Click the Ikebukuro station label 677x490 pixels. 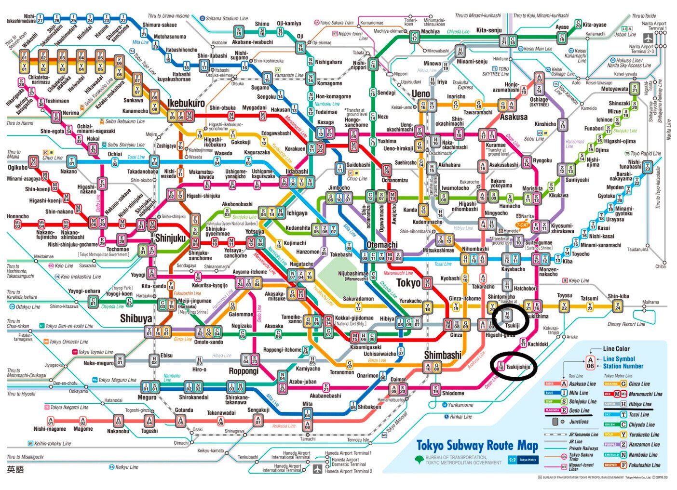[186, 103]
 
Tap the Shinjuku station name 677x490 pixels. [170, 238]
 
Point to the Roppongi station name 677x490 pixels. [244, 371]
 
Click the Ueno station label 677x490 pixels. [420, 93]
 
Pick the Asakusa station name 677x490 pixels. [514, 117]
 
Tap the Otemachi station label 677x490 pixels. [382, 245]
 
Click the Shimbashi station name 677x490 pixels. [443, 355]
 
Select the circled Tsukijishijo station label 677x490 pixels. [517, 367]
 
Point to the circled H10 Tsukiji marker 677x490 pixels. [507, 316]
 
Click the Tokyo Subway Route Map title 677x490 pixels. [477, 446]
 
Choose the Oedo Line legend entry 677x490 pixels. [579, 411]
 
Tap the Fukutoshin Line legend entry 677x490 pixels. [644, 465]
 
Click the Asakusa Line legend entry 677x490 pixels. [582, 384]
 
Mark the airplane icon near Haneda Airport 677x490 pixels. [317, 469]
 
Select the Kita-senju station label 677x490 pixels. [489, 30]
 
